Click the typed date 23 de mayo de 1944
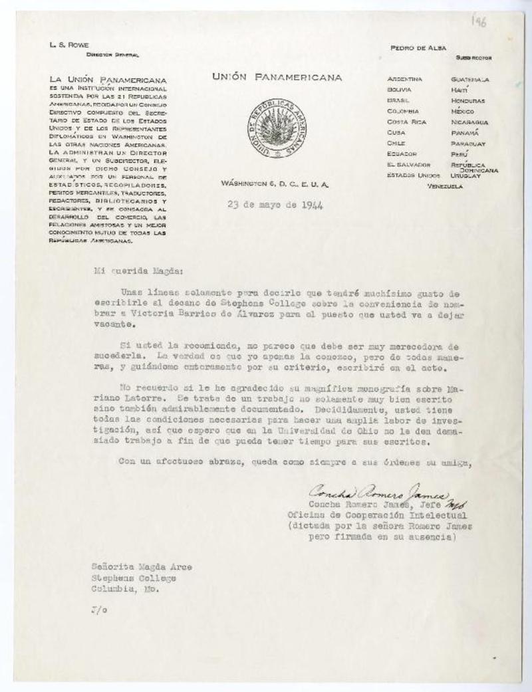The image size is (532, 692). [274, 205]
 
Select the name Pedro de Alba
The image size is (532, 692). [417, 48]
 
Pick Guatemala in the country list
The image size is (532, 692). [469, 79]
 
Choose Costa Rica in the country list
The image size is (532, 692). [405, 122]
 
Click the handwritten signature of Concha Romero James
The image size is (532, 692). [378, 493]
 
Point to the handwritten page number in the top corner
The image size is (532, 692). [479, 22]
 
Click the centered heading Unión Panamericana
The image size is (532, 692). [277, 78]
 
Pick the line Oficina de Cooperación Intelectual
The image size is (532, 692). [377, 515]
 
